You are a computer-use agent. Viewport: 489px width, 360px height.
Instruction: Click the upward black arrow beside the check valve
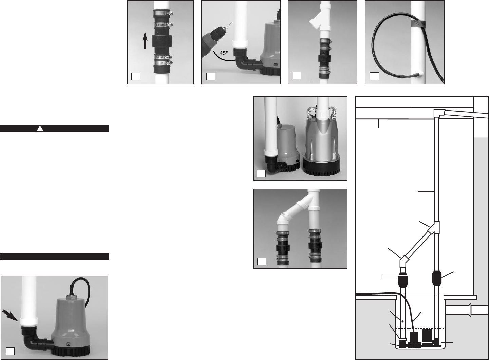145,40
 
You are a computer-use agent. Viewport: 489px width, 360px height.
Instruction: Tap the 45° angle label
224,53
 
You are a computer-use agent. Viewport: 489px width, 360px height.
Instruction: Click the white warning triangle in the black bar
40,129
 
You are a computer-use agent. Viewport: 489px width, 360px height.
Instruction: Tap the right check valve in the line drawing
437,278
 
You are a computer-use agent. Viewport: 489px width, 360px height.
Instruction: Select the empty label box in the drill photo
211,76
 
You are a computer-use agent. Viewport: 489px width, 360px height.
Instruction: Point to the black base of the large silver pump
321,166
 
